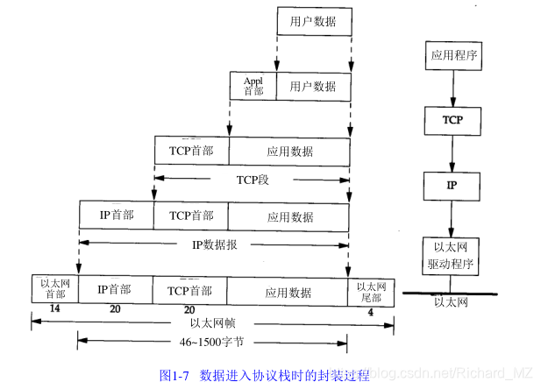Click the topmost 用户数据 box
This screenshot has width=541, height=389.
coord(313,21)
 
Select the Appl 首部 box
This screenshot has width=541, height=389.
coord(253,86)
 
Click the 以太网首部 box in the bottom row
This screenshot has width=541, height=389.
coord(54,289)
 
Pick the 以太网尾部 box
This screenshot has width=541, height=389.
coord(369,289)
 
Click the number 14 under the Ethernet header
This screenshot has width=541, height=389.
coord(54,309)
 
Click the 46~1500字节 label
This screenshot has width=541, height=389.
coord(213,342)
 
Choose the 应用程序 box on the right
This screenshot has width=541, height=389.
coord(452,57)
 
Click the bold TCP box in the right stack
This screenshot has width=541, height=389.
coord(452,118)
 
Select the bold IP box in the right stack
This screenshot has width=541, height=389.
coord(452,187)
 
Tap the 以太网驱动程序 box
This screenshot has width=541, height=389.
coord(452,254)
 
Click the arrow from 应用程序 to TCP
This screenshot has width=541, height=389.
coord(452,88)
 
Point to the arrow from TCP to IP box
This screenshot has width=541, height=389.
coord(452,152)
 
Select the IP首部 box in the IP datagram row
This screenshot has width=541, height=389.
coord(116,216)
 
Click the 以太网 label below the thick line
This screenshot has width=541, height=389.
coord(452,302)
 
